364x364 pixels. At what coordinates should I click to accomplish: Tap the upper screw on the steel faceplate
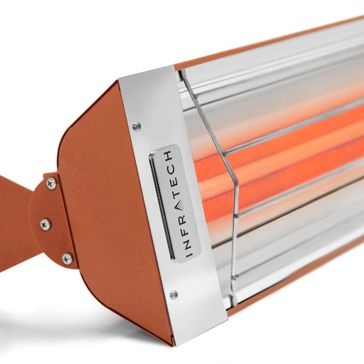pyautogui.click(x=137, y=126)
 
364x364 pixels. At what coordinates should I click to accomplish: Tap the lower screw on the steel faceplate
pyautogui.click(x=174, y=295)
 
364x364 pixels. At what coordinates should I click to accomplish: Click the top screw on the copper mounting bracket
pyautogui.click(x=51, y=183)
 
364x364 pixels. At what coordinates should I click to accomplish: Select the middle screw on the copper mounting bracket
pyautogui.click(x=45, y=224)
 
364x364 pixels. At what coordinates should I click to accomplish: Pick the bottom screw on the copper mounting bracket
pyautogui.click(x=67, y=259)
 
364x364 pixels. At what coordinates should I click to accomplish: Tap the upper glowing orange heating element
pyautogui.click(x=285, y=143)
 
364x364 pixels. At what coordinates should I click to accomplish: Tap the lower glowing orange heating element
pyautogui.click(x=285, y=182)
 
